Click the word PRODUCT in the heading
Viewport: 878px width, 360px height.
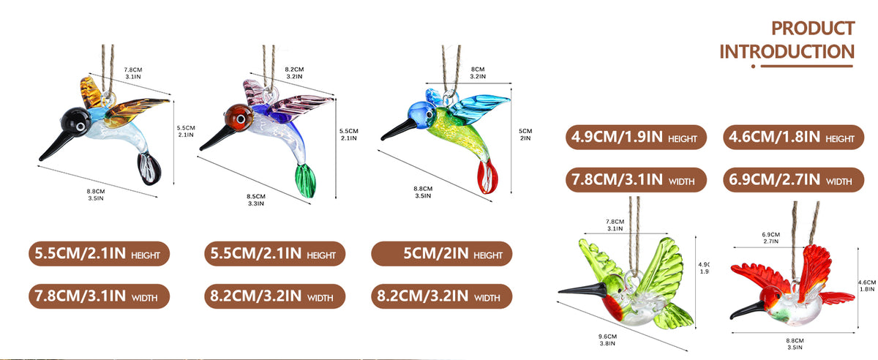(813, 29)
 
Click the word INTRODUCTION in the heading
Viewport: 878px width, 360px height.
(787, 52)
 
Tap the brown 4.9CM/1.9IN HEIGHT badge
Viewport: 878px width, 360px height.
(636, 138)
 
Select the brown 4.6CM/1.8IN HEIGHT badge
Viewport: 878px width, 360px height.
(793, 138)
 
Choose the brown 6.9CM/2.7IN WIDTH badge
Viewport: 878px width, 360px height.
(793, 180)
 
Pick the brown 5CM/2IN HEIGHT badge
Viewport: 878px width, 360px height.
(442, 254)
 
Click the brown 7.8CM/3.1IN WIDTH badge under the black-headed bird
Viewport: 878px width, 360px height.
(100, 296)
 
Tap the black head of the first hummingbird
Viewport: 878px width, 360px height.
(76, 119)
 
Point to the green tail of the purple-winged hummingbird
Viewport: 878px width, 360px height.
(305, 181)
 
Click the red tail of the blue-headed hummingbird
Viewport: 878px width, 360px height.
(487, 176)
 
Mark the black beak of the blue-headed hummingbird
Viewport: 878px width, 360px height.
(399, 130)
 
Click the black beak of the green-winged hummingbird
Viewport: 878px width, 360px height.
(582, 290)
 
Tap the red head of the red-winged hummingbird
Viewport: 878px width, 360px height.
(771, 296)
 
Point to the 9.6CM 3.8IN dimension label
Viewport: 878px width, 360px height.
(607, 340)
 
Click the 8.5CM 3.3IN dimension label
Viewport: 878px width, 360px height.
(256, 200)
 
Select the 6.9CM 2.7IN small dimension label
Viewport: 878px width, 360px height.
(771, 238)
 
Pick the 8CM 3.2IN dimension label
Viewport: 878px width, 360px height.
(478, 73)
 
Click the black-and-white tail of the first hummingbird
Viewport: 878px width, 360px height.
(149, 168)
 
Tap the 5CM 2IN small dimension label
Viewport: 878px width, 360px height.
(525, 135)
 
